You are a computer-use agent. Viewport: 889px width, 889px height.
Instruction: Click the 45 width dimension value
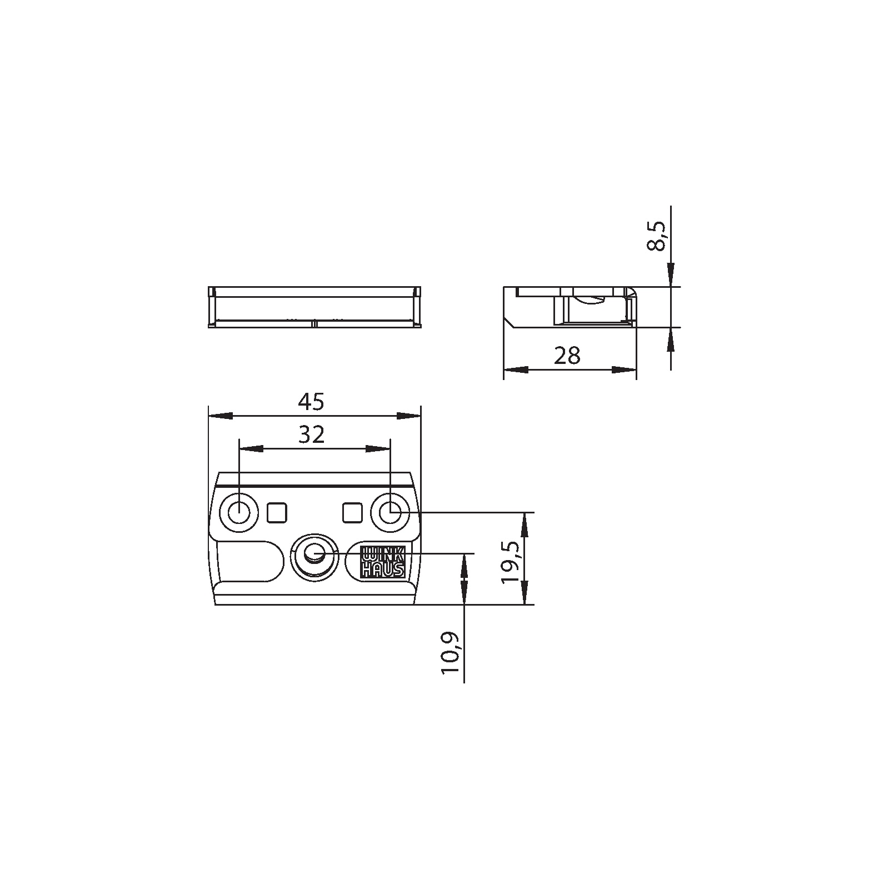point(311,402)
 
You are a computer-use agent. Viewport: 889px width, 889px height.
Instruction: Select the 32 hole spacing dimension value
point(311,435)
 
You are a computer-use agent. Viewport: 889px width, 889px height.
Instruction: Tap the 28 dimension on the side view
point(567,356)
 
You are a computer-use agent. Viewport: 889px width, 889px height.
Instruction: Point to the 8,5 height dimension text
point(656,236)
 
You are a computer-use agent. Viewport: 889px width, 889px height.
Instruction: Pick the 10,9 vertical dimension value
point(451,653)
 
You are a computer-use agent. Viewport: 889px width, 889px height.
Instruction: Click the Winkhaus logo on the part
point(383,562)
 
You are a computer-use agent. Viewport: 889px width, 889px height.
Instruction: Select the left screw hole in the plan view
point(239,512)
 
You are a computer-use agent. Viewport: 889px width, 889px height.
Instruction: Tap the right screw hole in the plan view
point(391,512)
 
